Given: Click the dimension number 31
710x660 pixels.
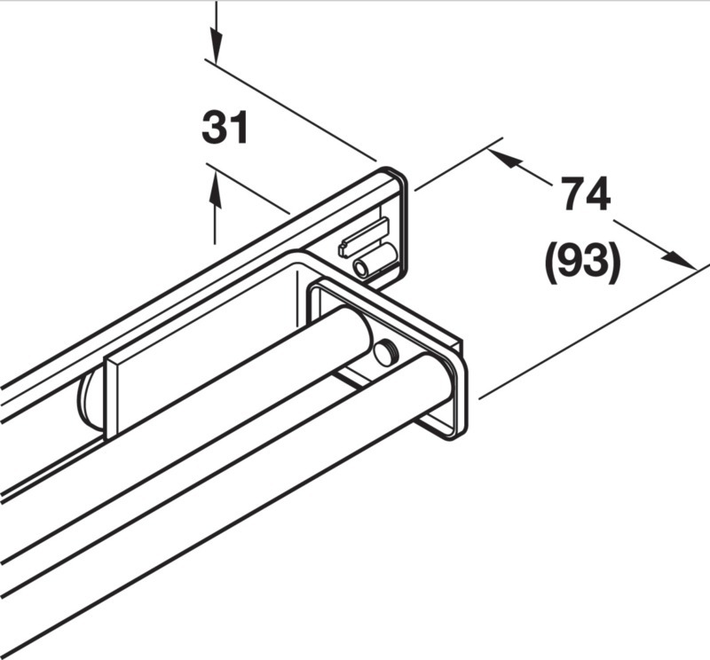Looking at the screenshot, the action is coord(225,128).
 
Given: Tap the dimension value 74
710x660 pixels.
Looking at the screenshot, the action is coord(587,193).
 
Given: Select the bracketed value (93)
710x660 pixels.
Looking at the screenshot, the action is coord(582,263).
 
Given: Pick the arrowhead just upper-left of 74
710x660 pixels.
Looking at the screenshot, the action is coord(505,160).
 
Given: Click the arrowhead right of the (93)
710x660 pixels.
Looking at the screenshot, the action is coord(678,259).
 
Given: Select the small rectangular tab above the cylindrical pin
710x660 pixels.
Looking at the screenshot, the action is coord(364,237).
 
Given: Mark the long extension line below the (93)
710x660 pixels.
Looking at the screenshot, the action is coord(594,333).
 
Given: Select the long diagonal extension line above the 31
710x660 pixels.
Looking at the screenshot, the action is coord(290,110).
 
